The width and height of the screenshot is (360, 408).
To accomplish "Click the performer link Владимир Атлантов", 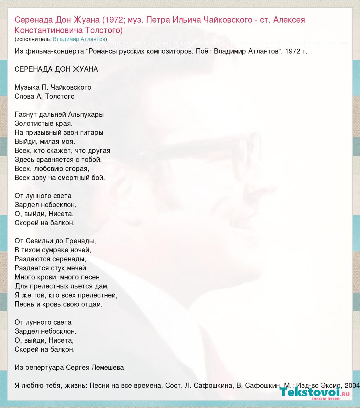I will pos(79,39).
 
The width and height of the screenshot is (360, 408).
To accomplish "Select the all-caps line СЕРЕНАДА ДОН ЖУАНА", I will pos(56,69).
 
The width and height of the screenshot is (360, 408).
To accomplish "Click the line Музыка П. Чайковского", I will pos(53,87).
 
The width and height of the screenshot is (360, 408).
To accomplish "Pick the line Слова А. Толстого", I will pos(44,96).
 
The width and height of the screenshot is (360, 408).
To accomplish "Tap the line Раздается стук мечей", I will pos(51,268).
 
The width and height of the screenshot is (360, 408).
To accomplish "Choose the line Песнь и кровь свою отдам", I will pos(59,304).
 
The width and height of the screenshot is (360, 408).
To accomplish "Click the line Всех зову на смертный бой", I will pos(60,178).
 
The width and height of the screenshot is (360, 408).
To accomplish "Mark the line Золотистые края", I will pos(44,123).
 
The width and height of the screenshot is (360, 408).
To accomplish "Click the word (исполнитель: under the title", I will pos(33,39).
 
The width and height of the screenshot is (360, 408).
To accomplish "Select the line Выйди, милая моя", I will pos(45,141).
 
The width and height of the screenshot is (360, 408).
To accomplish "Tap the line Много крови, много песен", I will pos(57,277).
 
